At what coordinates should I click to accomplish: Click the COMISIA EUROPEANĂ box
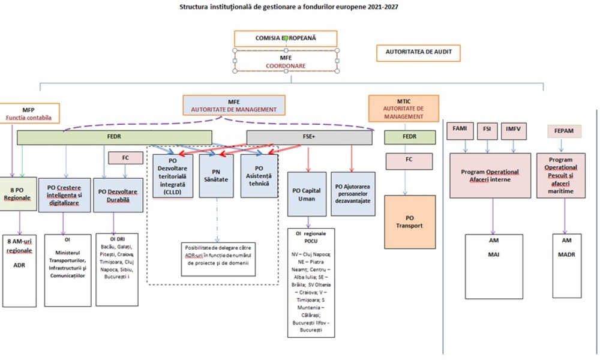point(286,38)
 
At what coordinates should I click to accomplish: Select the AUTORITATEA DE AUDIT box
point(419,53)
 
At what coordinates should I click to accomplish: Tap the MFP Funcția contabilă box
point(28,114)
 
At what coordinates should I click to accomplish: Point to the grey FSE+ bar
point(310,137)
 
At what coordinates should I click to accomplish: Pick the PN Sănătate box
point(217,176)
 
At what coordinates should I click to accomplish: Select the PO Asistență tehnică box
point(259,176)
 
